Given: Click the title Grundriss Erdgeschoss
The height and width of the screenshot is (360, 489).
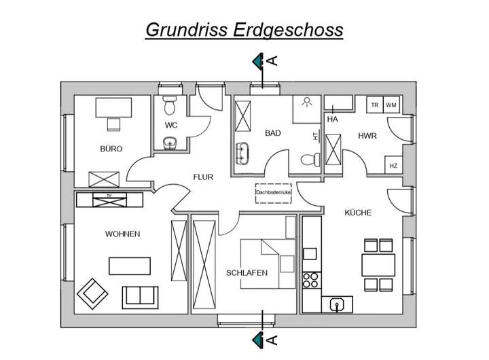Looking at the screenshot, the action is [244, 31].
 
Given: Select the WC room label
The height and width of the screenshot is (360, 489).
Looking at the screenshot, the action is [171, 126].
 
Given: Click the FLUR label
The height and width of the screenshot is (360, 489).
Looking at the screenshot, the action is [203, 177].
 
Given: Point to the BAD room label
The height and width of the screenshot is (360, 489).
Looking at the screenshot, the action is [273, 133].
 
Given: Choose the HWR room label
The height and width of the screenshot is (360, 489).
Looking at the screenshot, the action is [367, 137].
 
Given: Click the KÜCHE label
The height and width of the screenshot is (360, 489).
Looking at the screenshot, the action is [358, 213].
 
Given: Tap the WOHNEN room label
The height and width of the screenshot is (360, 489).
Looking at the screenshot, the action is [122, 234].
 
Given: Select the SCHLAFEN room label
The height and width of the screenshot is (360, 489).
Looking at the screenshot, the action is [247, 273].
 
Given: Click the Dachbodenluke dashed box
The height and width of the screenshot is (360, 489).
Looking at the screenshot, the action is [273, 193].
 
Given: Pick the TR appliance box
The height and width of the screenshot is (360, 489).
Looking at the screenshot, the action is [374, 105].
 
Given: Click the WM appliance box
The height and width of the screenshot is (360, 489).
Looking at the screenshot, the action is [391, 105].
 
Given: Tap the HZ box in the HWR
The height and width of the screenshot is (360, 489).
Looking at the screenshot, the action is [393, 166].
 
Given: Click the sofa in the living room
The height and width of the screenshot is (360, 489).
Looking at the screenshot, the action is [140, 297].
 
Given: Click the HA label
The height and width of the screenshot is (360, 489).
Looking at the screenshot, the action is [332, 120].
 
